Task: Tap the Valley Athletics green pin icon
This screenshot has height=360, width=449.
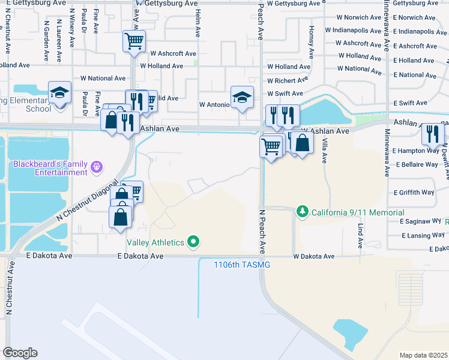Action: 193,242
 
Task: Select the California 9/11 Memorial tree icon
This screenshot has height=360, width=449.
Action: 303,212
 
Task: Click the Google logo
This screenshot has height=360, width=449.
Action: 20,352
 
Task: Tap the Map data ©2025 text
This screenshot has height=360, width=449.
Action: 423,355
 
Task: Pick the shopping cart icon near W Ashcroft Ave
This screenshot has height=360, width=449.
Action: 134,41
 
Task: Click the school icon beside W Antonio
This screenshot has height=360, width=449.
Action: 241,97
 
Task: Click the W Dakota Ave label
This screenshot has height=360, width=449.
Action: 313,256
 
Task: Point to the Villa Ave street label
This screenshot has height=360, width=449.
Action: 324,150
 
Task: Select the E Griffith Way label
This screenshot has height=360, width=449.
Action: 414,193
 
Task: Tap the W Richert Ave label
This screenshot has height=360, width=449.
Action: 289,80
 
